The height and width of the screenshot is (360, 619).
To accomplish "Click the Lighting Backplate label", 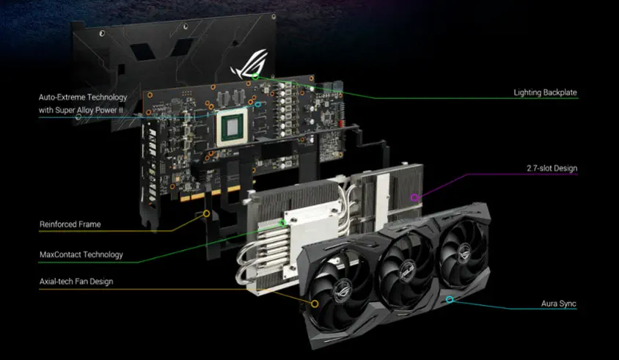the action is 545,93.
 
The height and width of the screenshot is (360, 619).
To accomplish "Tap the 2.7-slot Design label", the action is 552,168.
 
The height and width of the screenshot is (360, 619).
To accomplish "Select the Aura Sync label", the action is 559,304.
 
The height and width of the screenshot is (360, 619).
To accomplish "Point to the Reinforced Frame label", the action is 70,224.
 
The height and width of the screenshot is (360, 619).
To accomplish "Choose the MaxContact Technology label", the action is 81,254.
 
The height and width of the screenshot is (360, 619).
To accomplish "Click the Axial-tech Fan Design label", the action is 76,282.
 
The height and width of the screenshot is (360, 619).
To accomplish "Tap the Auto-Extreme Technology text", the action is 83,97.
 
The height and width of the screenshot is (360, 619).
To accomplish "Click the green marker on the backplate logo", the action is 255,76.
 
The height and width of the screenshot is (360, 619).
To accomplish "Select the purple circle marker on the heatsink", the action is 414,197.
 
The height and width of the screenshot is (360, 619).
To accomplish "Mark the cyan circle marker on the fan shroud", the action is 450,300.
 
